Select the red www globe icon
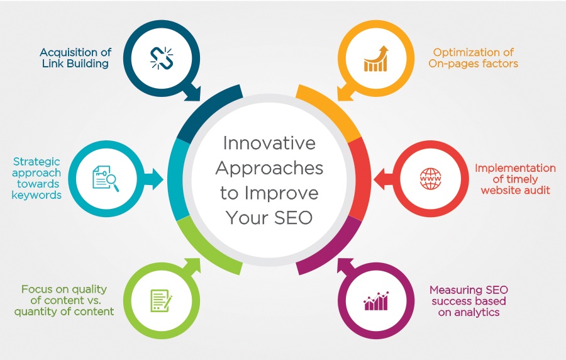click(x=431, y=178)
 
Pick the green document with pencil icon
click(x=160, y=300)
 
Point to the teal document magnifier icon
click(x=104, y=178)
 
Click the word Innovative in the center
click(x=269, y=143)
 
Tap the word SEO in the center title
click(x=292, y=217)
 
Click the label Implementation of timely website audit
click(x=515, y=179)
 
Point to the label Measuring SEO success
click(x=469, y=301)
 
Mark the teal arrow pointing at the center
click(x=153, y=178)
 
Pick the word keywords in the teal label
click(x=40, y=195)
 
